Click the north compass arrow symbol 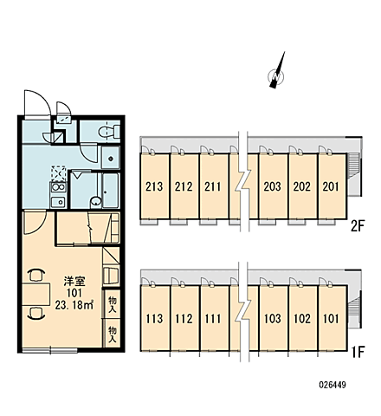(277, 72)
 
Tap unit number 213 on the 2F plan (154, 186)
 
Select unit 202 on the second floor (302, 186)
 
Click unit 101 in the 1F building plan (331, 319)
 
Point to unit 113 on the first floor (154, 319)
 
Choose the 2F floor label (358, 226)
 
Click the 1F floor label (358, 352)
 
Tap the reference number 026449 (333, 385)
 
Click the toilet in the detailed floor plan (109, 132)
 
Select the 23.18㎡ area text (74, 305)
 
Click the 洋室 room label (74, 281)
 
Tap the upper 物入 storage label (113, 305)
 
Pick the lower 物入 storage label (113, 335)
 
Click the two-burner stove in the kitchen (59, 187)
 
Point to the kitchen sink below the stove (59, 201)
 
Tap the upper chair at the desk (36, 275)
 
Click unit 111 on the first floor (213, 319)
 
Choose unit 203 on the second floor (272, 186)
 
